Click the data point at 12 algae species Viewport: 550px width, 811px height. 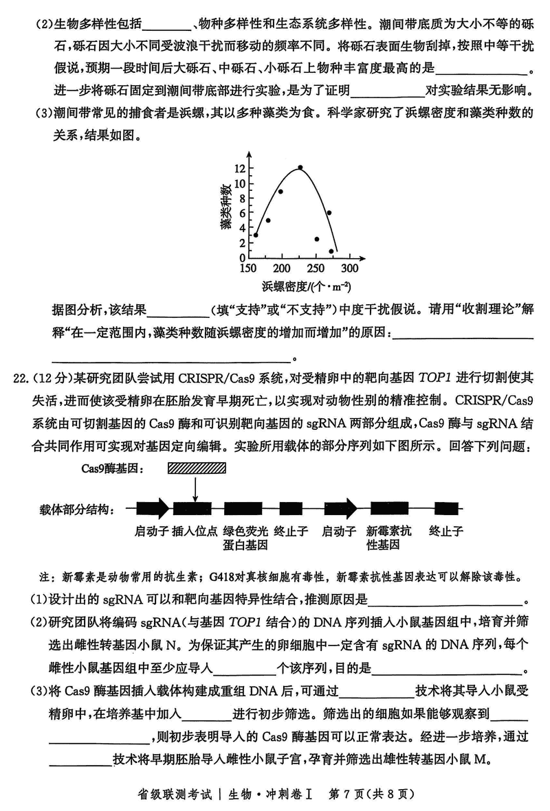tap(300, 168)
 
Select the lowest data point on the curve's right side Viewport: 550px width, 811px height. tap(331, 251)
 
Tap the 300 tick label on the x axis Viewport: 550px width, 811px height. tap(349, 269)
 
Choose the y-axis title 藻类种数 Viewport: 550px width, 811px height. tap(225, 205)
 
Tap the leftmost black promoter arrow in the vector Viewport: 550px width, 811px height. tap(152, 509)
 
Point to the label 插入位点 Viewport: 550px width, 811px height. tap(195, 531)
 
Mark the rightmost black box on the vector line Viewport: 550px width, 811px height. tap(443, 509)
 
